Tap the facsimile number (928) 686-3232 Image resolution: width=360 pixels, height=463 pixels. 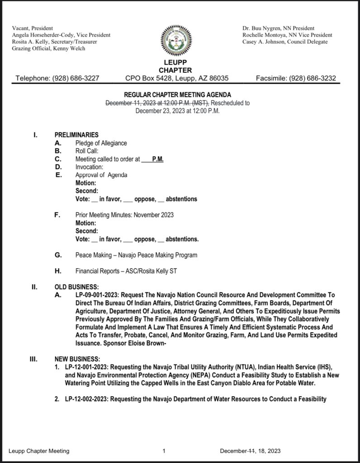coord(312,78)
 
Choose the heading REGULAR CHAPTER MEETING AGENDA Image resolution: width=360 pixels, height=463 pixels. coord(178,95)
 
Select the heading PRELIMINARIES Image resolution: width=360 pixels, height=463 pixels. coord(76,135)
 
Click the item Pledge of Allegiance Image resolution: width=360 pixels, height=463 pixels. coord(101,143)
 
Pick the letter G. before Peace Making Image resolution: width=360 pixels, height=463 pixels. coord(58,255)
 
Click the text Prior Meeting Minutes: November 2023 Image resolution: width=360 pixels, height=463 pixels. coord(124,215)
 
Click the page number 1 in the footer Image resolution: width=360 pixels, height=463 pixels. coord(164,451)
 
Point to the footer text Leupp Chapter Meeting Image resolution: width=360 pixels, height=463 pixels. coord(39,451)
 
